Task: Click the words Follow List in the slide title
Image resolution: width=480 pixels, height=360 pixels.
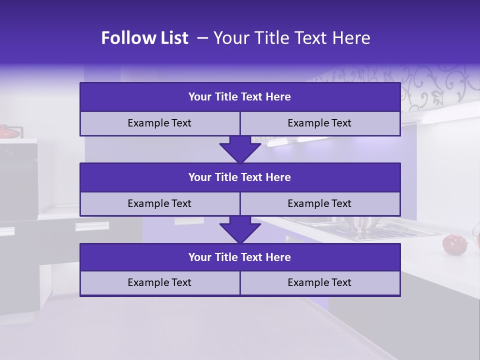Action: point(145,38)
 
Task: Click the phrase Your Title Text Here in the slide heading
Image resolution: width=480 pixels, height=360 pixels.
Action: point(291,38)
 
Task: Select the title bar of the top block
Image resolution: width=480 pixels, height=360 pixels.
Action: point(240,97)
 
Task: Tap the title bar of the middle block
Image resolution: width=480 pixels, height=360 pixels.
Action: point(240,177)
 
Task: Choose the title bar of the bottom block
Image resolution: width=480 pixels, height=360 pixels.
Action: point(240,257)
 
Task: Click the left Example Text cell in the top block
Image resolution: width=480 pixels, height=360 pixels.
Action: point(159,123)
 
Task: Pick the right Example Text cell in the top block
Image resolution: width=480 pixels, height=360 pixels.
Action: point(319,123)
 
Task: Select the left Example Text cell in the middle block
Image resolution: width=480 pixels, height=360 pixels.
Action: point(159,203)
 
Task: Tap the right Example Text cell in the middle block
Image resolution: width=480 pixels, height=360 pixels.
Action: point(319,203)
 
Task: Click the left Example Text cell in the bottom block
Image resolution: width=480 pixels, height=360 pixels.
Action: point(159,282)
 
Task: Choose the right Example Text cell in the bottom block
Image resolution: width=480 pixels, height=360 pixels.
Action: point(319,282)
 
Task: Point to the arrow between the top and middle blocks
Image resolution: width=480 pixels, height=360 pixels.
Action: point(240,149)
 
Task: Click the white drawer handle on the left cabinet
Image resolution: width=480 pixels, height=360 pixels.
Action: point(92,226)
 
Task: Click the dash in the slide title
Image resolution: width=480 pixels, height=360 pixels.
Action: point(202,38)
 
